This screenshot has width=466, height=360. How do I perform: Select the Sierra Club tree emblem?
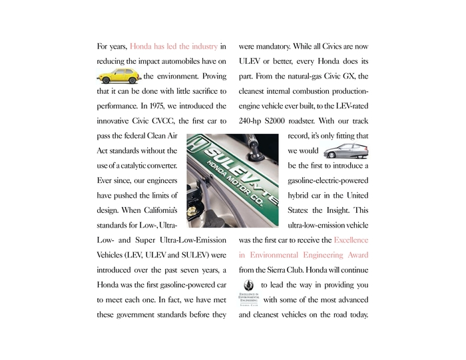tap(250, 285)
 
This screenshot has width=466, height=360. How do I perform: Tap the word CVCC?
tap(166, 120)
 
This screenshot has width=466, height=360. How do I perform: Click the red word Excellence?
tap(351, 240)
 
